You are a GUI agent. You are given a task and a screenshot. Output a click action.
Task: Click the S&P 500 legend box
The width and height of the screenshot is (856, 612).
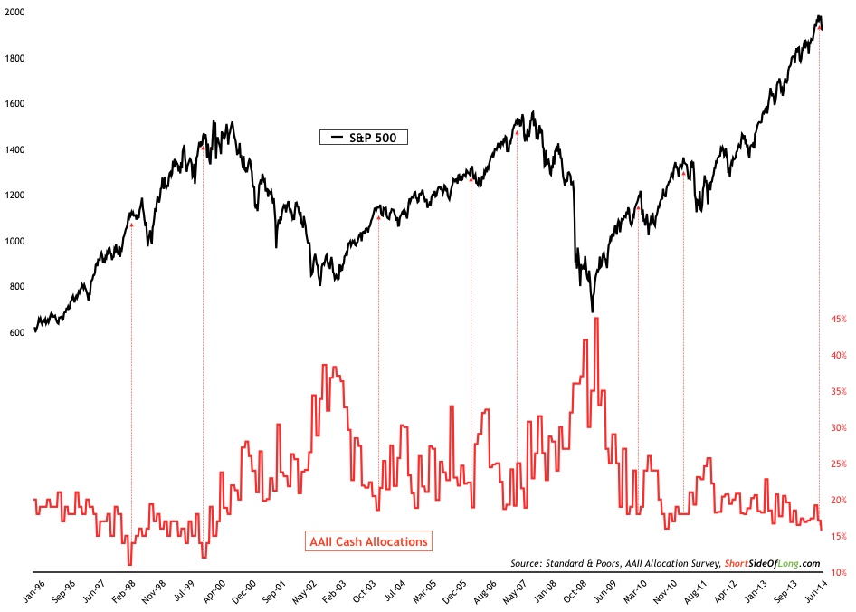(x=364, y=138)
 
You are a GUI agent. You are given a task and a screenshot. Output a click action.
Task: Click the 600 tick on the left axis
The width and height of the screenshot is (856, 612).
(x=16, y=332)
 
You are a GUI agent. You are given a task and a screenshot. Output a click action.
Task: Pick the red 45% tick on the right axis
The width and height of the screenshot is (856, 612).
(x=839, y=319)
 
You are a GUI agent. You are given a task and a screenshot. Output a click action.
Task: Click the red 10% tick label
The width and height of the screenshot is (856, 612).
(x=839, y=572)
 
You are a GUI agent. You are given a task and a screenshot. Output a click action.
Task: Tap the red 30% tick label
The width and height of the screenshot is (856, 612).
(x=839, y=427)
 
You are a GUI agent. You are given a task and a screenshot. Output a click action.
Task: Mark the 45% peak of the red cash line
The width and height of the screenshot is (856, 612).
(x=596, y=319)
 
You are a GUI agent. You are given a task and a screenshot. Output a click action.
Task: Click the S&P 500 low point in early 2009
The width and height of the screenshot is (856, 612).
(x=593, y=311)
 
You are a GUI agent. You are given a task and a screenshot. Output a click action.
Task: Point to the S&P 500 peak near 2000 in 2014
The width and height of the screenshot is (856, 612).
(x=818, y=17)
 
